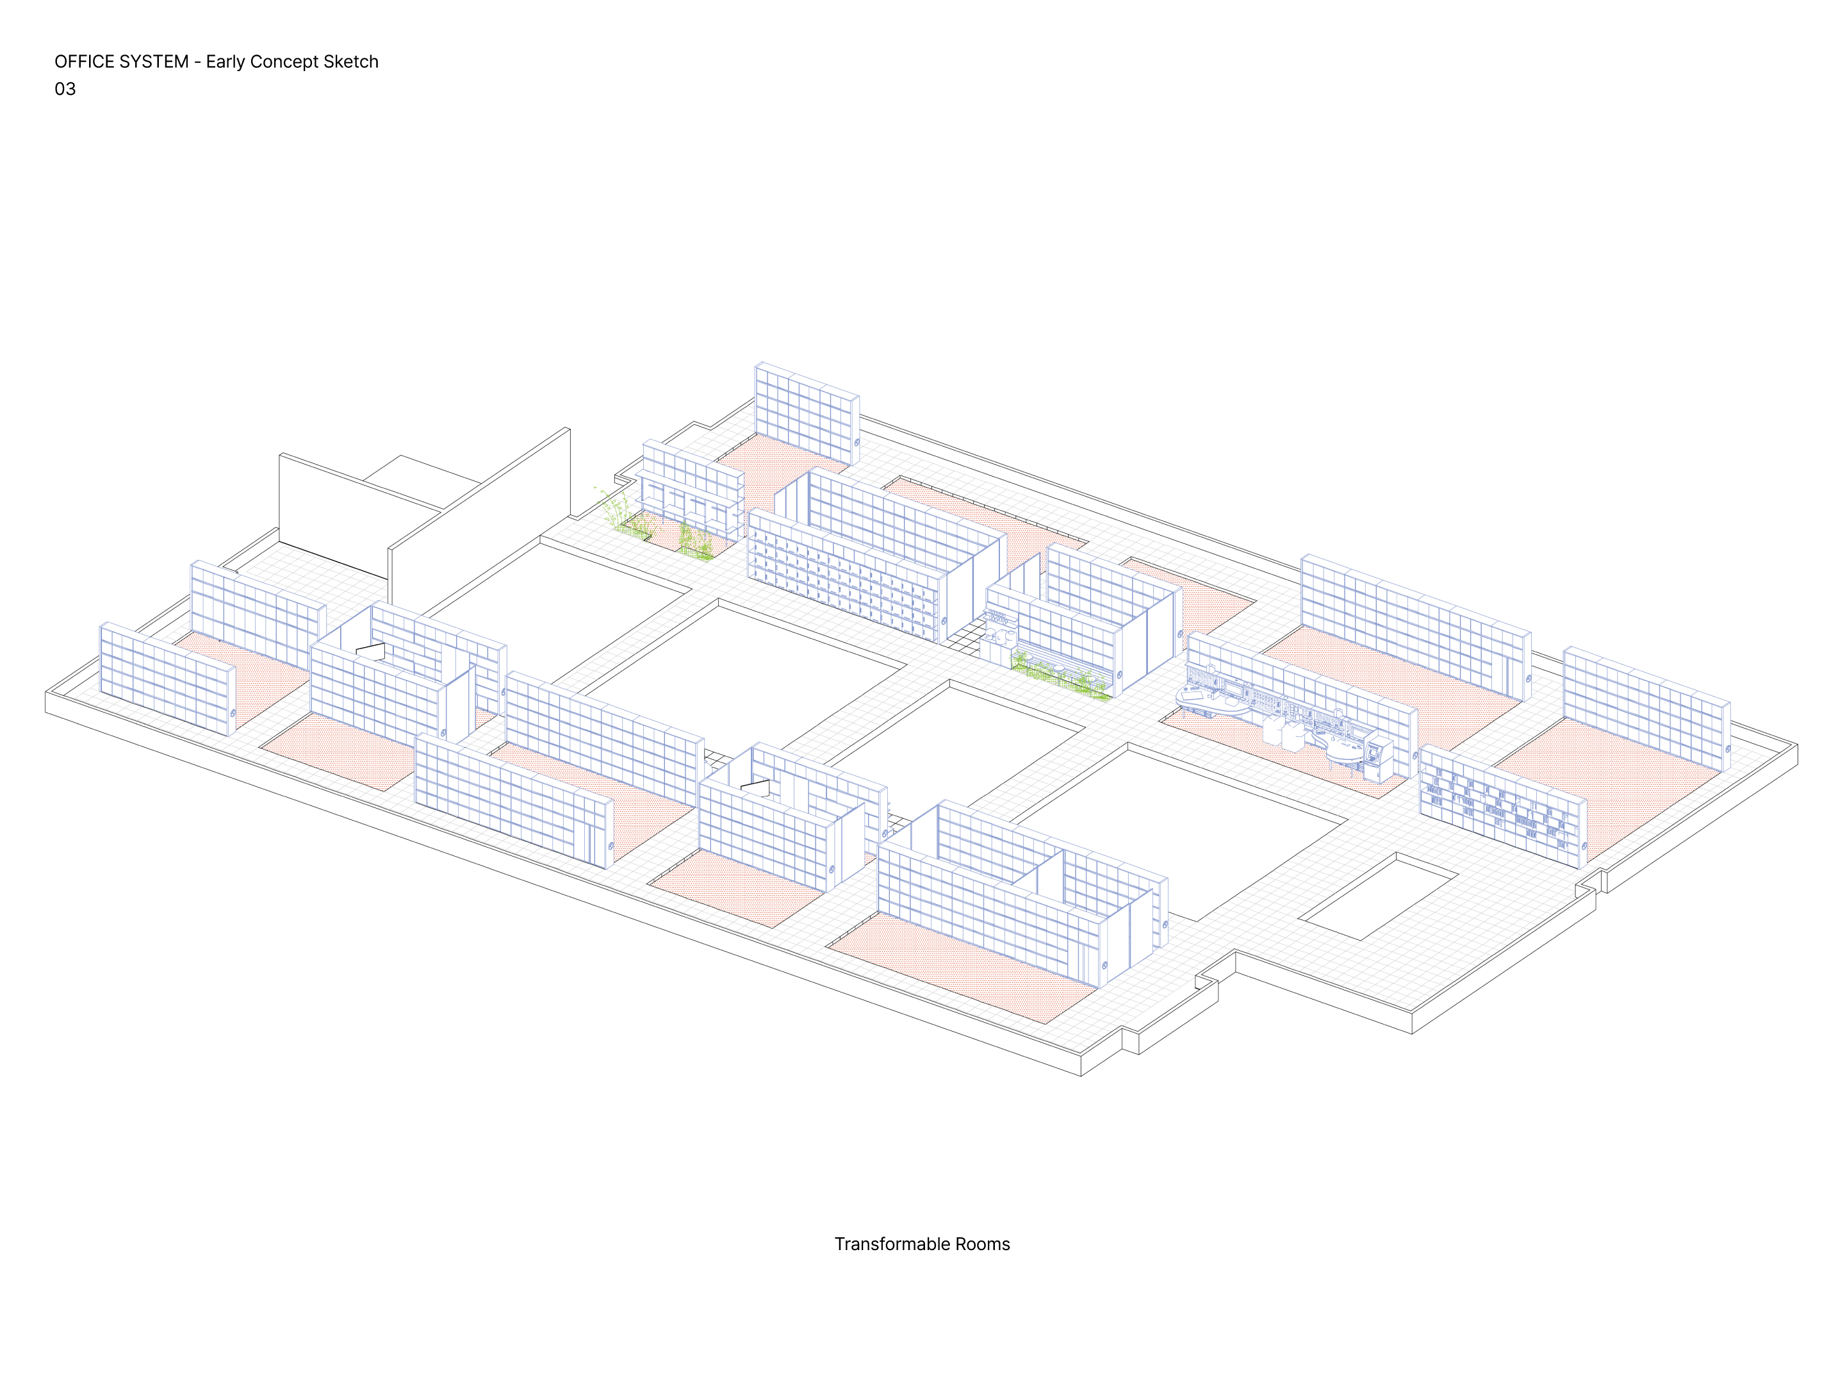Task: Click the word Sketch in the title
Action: point(351,62)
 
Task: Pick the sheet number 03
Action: point(65,89)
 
